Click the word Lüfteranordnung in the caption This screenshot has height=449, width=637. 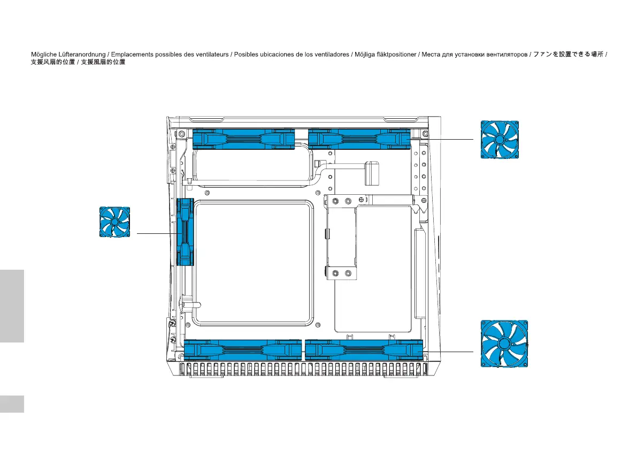(82, 55)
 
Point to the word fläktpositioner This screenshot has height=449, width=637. (396, 55)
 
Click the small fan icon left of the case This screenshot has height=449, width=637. (115, 222)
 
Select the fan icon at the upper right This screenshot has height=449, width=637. (500, 139)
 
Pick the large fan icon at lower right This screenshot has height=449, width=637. (504, 344)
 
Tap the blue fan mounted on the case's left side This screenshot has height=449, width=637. (185, 232)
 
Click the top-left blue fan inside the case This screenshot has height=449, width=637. (243, 139)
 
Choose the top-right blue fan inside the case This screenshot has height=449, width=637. (359, 139)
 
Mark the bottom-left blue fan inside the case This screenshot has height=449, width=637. (243, 350)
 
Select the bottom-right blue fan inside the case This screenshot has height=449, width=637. (364, 350)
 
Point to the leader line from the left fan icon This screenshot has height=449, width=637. (157, 234)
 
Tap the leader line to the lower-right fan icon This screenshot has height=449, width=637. (448, 352)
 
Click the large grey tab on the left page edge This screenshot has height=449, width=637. (12, 306)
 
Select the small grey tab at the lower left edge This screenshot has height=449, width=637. (12, 404)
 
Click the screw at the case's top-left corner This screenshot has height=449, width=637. (182, 134)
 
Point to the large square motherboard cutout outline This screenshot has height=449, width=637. (194, 264)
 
